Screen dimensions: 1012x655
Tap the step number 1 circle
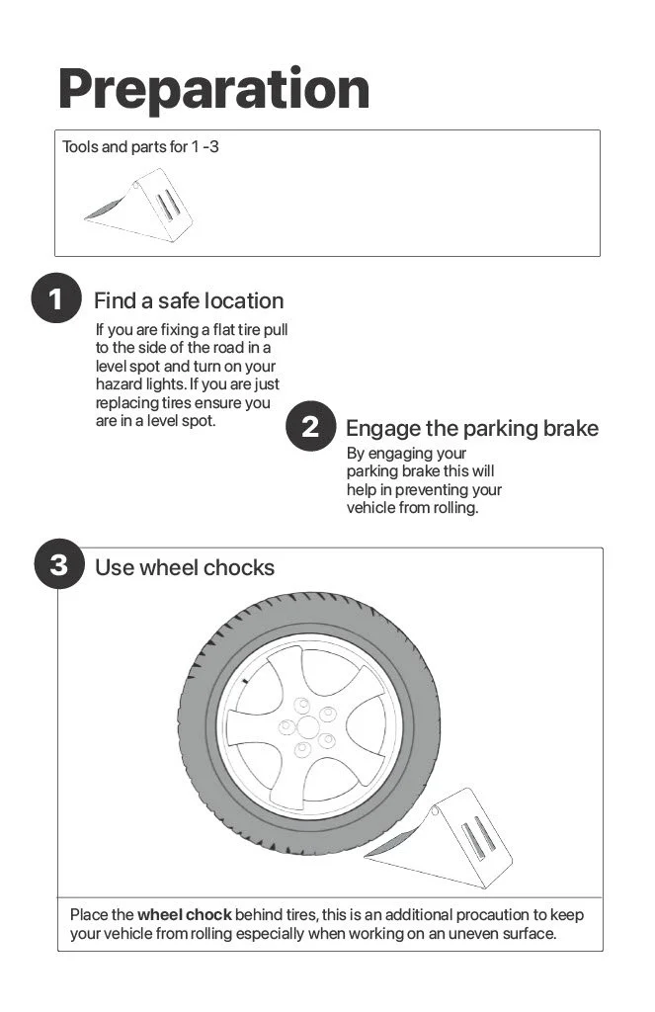click(55, 299)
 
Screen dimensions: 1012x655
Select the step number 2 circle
click(310, 427)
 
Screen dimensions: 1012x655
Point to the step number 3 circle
click(59, 565)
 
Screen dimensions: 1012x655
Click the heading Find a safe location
click(188, 300)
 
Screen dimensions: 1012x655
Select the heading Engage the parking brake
click(471, 428)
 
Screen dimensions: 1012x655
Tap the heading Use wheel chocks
click(184, 567)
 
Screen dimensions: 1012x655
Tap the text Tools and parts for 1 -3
click(140, 147)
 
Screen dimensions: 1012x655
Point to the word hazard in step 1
click(118, 384)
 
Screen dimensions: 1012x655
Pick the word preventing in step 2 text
click(435, 489)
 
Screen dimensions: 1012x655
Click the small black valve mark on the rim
click(242, 683)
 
